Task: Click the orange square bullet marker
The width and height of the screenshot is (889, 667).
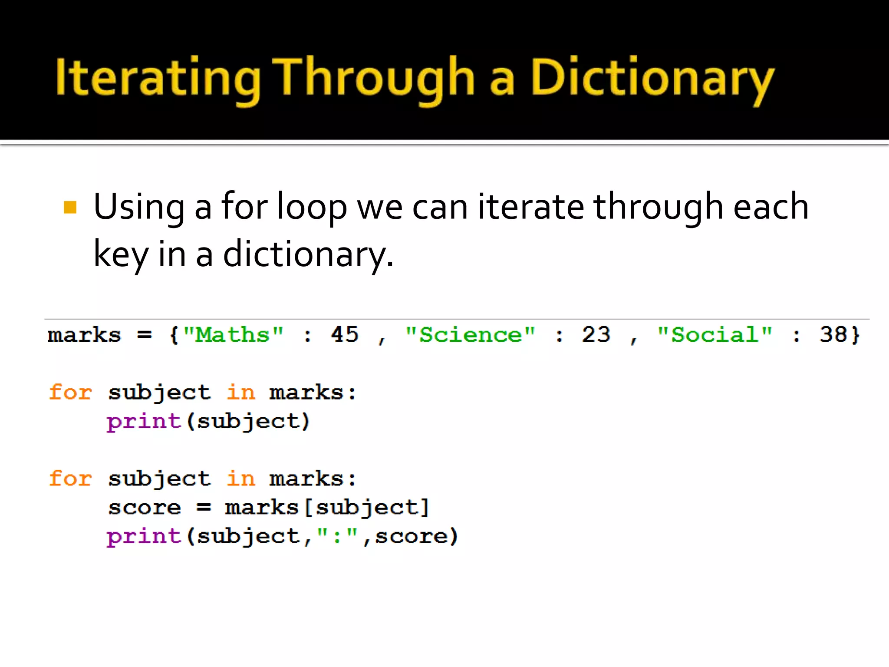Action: pyautogui.click(x=70, y=207)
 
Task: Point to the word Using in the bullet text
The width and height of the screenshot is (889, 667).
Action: pyautogui.click(x=139, y=207)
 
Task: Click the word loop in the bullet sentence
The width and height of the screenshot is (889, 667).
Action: pyautogui.click(x=312, y=207)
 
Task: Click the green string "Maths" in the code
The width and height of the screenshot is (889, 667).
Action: pyautogui.click(x=233, y=335)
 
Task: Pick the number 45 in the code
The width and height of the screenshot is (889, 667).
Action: pyautogui.click(x=345, y=335)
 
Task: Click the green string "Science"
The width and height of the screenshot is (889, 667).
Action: pyautogui.click(x=470, y=335)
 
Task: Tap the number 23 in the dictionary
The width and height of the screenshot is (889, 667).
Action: pyautogui.click(x=596, y=335)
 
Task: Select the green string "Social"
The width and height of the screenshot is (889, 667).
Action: pyautogui.click(x=714, y=335)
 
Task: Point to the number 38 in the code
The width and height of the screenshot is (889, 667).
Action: pyautogui.click(x=833, y=335)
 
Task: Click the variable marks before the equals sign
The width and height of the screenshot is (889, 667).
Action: pyautogui.click(x=84, y=335)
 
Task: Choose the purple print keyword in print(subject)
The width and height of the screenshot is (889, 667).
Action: pyautogui.click(x=144, y=421)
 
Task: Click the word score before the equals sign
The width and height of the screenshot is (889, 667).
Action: pyautogui.click(x=145, y=508)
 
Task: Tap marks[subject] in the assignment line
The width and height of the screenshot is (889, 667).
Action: pyautogui.click(x=327, y=508)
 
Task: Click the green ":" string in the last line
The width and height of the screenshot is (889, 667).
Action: pyautogui.click(x=337, y=535)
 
